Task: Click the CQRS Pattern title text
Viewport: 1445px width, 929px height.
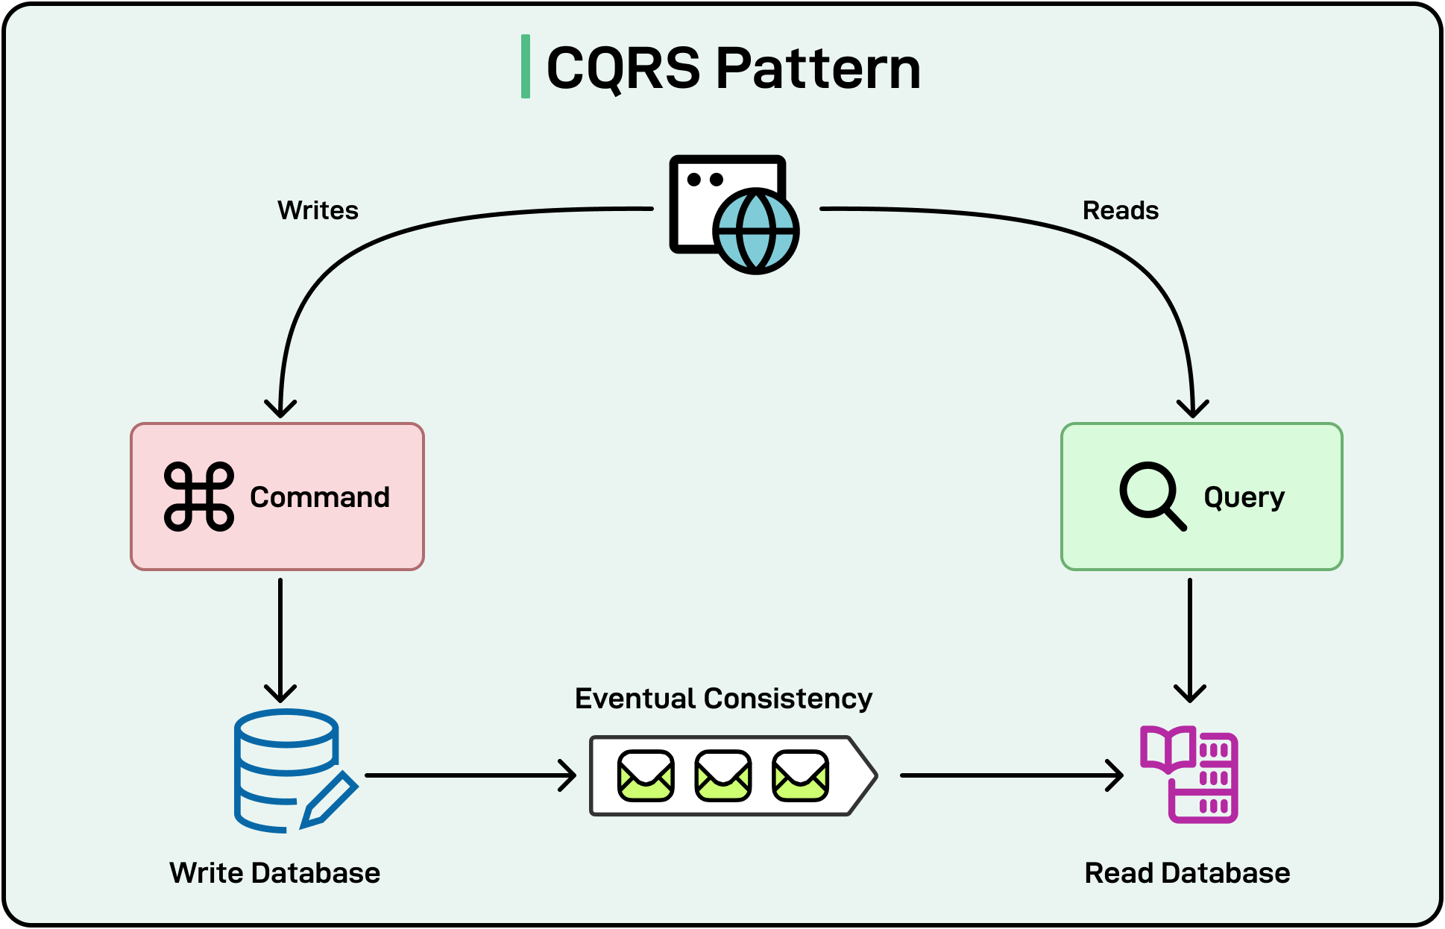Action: tap(734, 68)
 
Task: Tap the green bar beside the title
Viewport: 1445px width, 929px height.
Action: tap(526, 66)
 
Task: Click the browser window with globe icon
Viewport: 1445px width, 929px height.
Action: tap(734, 214)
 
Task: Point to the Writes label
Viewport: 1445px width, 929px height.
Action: tap(318, 210)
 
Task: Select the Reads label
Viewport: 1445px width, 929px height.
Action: tap(1120, 210)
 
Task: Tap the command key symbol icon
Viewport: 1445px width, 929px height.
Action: tap(199, 497)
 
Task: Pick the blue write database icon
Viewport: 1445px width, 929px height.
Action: tap(291, 770)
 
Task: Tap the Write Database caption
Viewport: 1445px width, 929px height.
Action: tap(274, 872)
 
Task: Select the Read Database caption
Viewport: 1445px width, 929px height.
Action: tap(1187, 872)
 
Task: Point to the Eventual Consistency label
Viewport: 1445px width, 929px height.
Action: tap(723, 699)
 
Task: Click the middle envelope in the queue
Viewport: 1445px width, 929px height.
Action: tap(722, 775)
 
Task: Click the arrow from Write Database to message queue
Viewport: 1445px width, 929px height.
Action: tap(470, 775)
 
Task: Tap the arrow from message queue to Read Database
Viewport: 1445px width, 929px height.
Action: tap(1010, 775)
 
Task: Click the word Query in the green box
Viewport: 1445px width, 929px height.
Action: tap(1244, 497)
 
